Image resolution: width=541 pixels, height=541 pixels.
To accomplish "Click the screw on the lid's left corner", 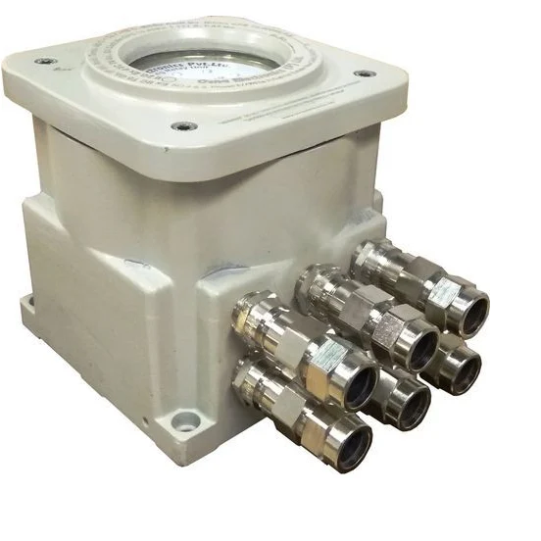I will tap(45, 61).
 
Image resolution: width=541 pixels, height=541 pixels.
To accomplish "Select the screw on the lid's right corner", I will tap(365, 74).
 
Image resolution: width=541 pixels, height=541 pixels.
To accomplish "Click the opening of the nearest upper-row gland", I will tap(358, 382).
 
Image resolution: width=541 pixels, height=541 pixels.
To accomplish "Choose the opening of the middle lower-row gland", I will tap(411, 402).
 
